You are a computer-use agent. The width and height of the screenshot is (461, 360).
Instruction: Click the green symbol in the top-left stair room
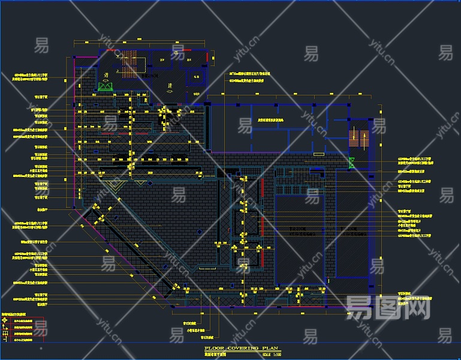[106, 86]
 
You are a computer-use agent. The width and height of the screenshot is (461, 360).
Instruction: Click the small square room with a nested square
[196, 76]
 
